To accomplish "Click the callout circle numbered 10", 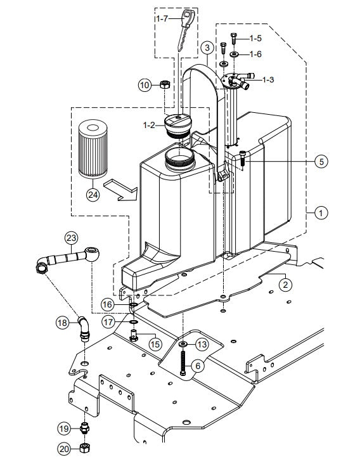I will pyautogui.click(x=145, y=84).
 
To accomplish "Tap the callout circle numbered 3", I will pyautogui.click(x=207, y=47).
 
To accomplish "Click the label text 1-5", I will pyautogui.click(x=255, y=39).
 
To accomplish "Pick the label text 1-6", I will pyautogui.click(x=255, y=55).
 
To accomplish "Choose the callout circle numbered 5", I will pyautogui.click(x=322, y=161).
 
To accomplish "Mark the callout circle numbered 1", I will pyautogui.click(x=322, y=214).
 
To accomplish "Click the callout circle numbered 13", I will pyautogui.click(x=202, y=344).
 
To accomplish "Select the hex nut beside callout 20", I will pyautogui.click(x=85, y=448).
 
